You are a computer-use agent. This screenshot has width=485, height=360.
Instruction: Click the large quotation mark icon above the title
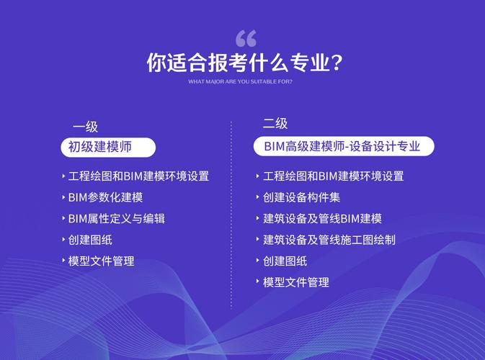point(246,39)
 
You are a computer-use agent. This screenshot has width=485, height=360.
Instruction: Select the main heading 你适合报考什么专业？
point(244,63)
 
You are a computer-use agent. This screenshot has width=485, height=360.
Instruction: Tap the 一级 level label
point(84,127)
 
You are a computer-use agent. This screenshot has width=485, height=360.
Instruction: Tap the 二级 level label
point(275,124)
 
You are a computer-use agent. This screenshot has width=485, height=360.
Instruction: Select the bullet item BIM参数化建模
point(105,197)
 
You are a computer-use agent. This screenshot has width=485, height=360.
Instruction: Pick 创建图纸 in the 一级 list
point(90,240)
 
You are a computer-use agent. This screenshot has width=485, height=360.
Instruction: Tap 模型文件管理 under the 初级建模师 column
point(101,261)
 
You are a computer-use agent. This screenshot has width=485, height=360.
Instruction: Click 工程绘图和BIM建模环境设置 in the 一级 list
point(138,176)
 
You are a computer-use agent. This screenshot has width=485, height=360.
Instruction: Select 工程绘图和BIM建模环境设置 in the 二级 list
point(333,176)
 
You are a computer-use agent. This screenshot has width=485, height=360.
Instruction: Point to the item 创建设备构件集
point(301,197)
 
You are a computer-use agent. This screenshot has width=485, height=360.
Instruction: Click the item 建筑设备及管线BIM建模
point(322,219)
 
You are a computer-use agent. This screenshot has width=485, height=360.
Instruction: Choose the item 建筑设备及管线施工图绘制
point(329,240)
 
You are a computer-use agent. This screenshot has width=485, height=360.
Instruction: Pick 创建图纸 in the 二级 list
point(285,261)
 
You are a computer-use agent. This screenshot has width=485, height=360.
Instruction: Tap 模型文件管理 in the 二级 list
point(296,282)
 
